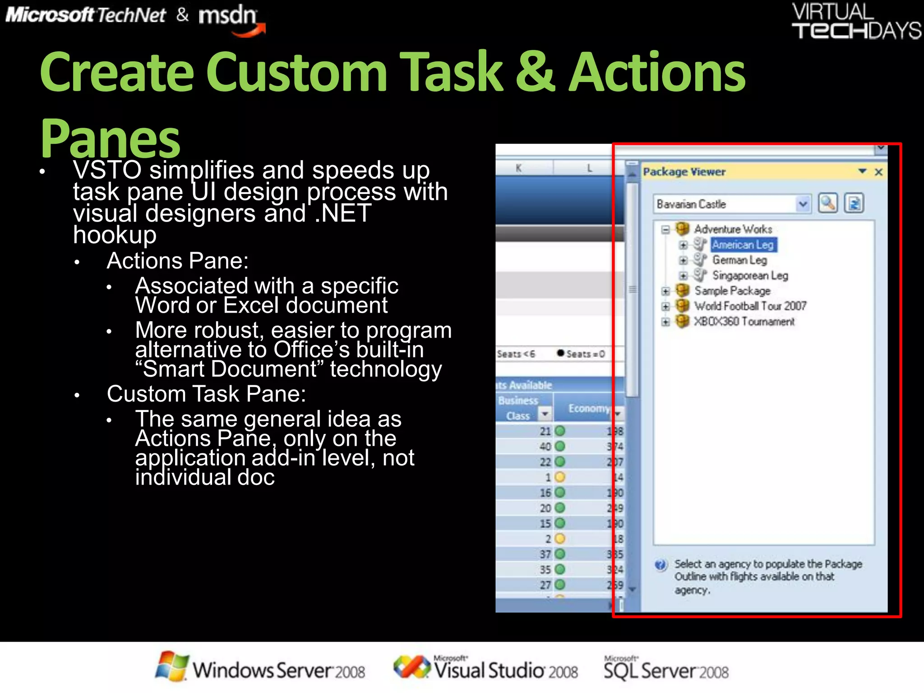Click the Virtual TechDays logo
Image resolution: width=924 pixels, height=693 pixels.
[855, 22]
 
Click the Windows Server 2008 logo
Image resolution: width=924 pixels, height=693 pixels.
[260, 669]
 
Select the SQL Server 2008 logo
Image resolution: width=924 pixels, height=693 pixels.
[666, 669]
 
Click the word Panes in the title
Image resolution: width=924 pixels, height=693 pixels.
[110, 138]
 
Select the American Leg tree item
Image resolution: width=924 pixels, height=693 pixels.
[743, 245]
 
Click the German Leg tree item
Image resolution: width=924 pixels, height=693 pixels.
[739, 260]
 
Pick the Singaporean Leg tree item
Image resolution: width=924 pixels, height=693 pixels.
[750, 275]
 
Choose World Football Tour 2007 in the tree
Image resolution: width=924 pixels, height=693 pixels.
[750, 306]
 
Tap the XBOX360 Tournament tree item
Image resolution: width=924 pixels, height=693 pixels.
[744, 321]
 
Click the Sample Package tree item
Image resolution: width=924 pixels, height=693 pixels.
[732, 291]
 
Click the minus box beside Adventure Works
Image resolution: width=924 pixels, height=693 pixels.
[665, 230]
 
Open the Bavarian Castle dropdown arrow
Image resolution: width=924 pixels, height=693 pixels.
[803, 204]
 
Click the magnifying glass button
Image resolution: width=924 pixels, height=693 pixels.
[828, 203]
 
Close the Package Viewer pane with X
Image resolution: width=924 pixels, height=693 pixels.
[878, 172]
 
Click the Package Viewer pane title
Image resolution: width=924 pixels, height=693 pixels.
[684, 172]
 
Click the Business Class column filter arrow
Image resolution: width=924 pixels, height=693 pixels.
[545, 414]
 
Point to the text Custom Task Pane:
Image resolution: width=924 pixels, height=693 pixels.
[206, 394]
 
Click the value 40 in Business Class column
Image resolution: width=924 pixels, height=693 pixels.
[545, 447]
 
